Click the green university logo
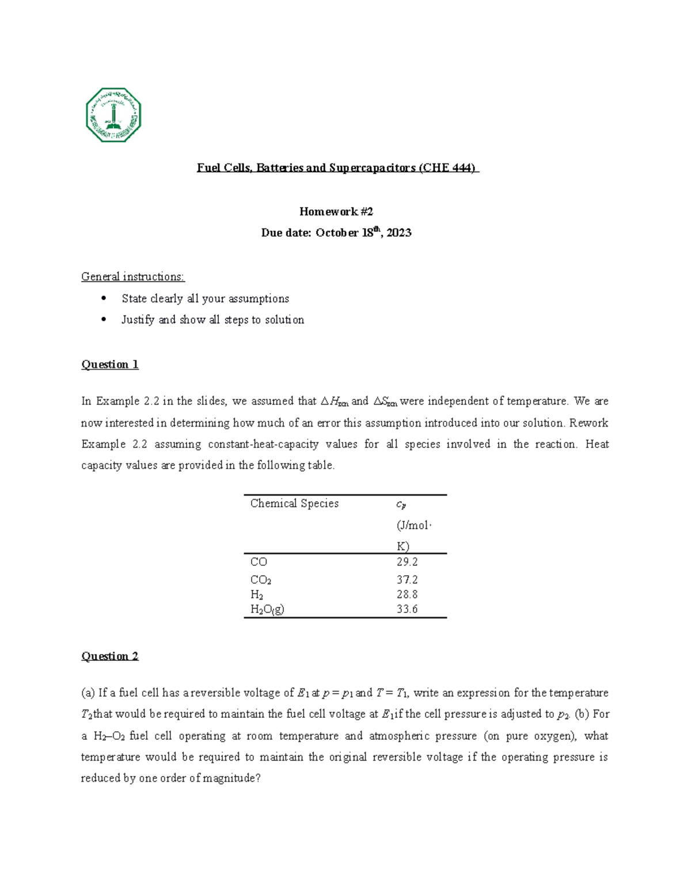[x=113, y=115]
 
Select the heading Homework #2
[x=336, y=211]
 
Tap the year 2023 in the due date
[x=398, y=233]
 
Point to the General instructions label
[x=133, y=277]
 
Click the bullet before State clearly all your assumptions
[x=104, y=298]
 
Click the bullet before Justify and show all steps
[x=104, y=319]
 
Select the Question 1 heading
[x=110, y=364]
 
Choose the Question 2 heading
[x=110, y=656]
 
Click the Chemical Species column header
[x=294, y=503]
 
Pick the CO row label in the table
[x=259, y=562]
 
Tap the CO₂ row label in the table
[x=261, y=580]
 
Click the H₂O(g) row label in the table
[x=267, y=610]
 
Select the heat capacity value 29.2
[x=407, y=562]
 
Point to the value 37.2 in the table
[x=407, y=580]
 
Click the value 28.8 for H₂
[x=407, y=595]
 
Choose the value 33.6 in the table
[x=407, y=610]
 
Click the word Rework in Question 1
[x=589, y=423]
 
